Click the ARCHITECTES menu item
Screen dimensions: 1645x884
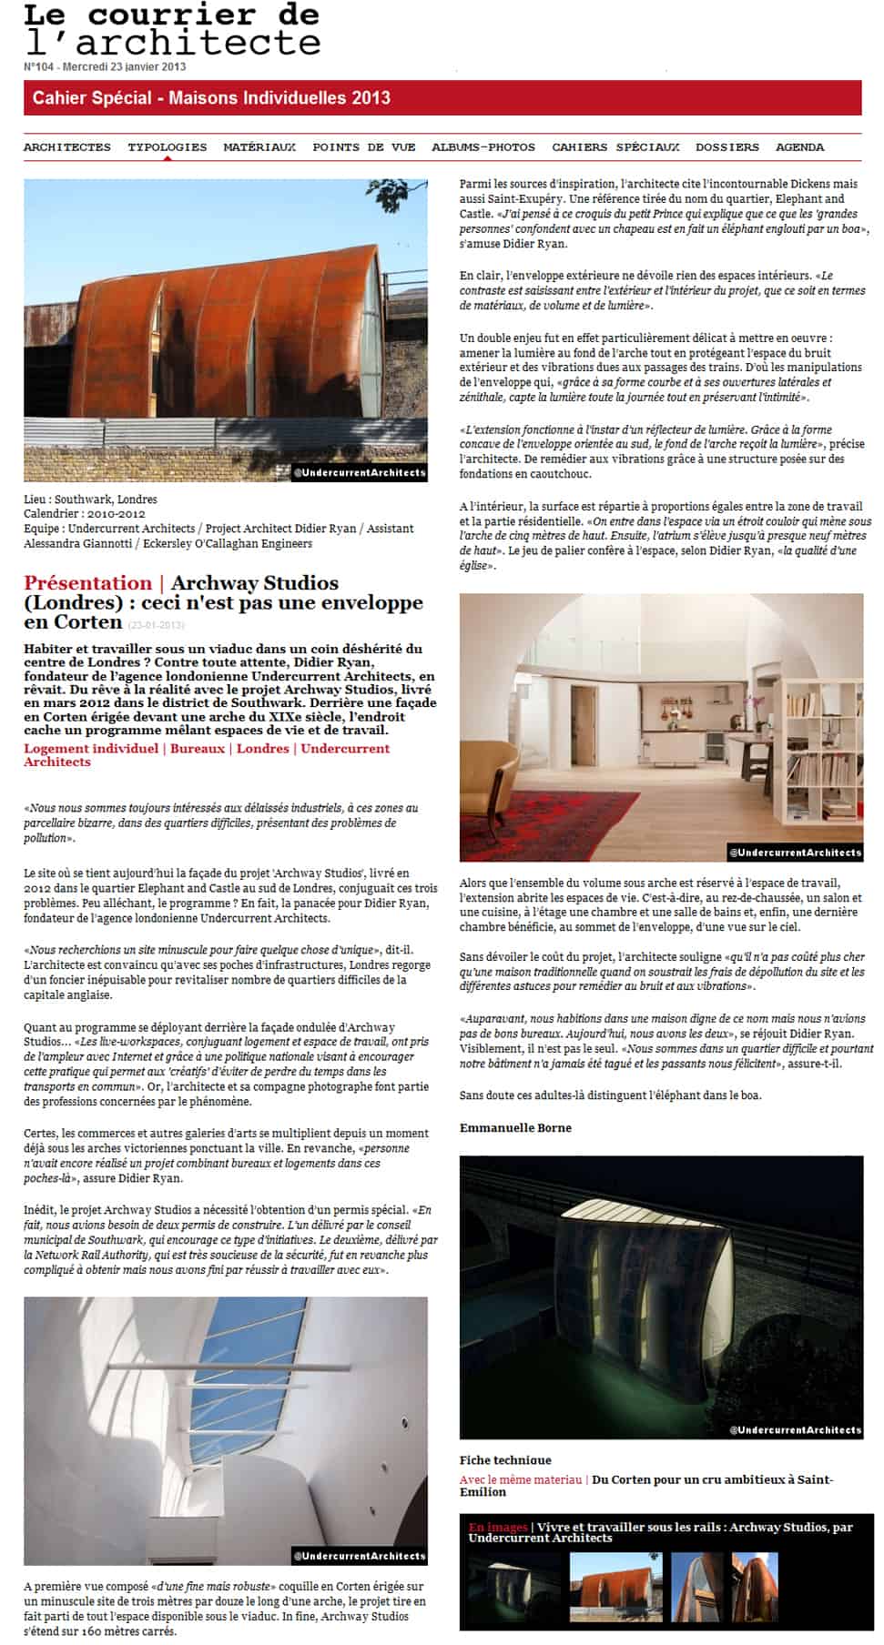coord(66,147)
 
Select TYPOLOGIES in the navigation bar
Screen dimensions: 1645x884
coord(167,147)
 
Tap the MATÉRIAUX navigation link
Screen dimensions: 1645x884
coord(259,147)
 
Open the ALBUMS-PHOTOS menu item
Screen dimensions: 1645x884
coord(483,147)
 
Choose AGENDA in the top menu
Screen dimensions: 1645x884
coord(799,147)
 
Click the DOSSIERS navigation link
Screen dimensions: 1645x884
coord(727,147)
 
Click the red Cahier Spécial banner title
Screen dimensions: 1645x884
coord(211,98)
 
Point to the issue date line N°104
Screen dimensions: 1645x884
coord(105,66)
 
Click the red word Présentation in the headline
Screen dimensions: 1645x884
coord(87,583)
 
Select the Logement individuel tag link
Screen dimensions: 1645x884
coord(91,749)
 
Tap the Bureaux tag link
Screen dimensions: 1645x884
coord(198,749)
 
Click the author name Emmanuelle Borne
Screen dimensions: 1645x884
coord(515,1127)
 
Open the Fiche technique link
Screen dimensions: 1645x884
coord(505,1460)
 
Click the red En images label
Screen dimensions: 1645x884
coord(498,1528)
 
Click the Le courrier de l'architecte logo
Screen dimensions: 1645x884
coord(172,30)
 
